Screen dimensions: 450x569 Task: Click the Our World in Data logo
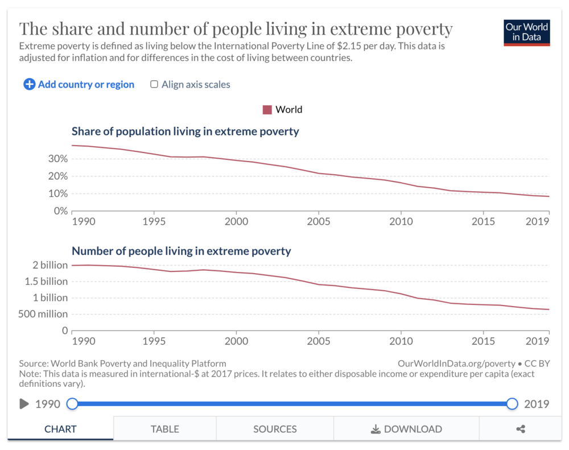[527, 32]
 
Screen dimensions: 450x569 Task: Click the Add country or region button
[79, 84]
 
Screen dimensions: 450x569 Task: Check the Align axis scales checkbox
[154, 84]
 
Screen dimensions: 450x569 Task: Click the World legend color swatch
[267, 109]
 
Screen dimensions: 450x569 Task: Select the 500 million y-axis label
[43, 314]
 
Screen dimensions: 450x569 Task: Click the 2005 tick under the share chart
[319, 221]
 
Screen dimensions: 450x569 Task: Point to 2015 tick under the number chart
[483, 341]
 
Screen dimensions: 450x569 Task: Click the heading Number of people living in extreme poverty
[181, 251]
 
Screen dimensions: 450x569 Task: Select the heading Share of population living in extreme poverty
[185, 131]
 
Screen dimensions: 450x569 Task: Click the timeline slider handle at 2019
[512, 404]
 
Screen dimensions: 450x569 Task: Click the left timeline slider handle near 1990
[72, 404]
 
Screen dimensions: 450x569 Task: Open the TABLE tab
[165, 429]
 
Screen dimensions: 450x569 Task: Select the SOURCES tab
[275, 429]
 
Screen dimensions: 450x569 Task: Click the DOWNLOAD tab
[406, 429]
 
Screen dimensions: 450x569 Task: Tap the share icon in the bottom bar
[520, 429]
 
